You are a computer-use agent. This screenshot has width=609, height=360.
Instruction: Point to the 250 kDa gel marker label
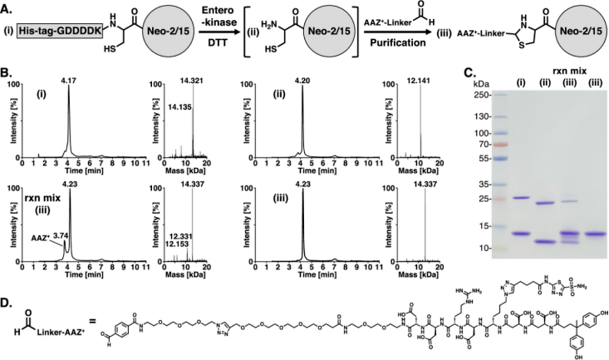point(476,94)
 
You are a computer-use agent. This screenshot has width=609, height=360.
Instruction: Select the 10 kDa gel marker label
point(479,248)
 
